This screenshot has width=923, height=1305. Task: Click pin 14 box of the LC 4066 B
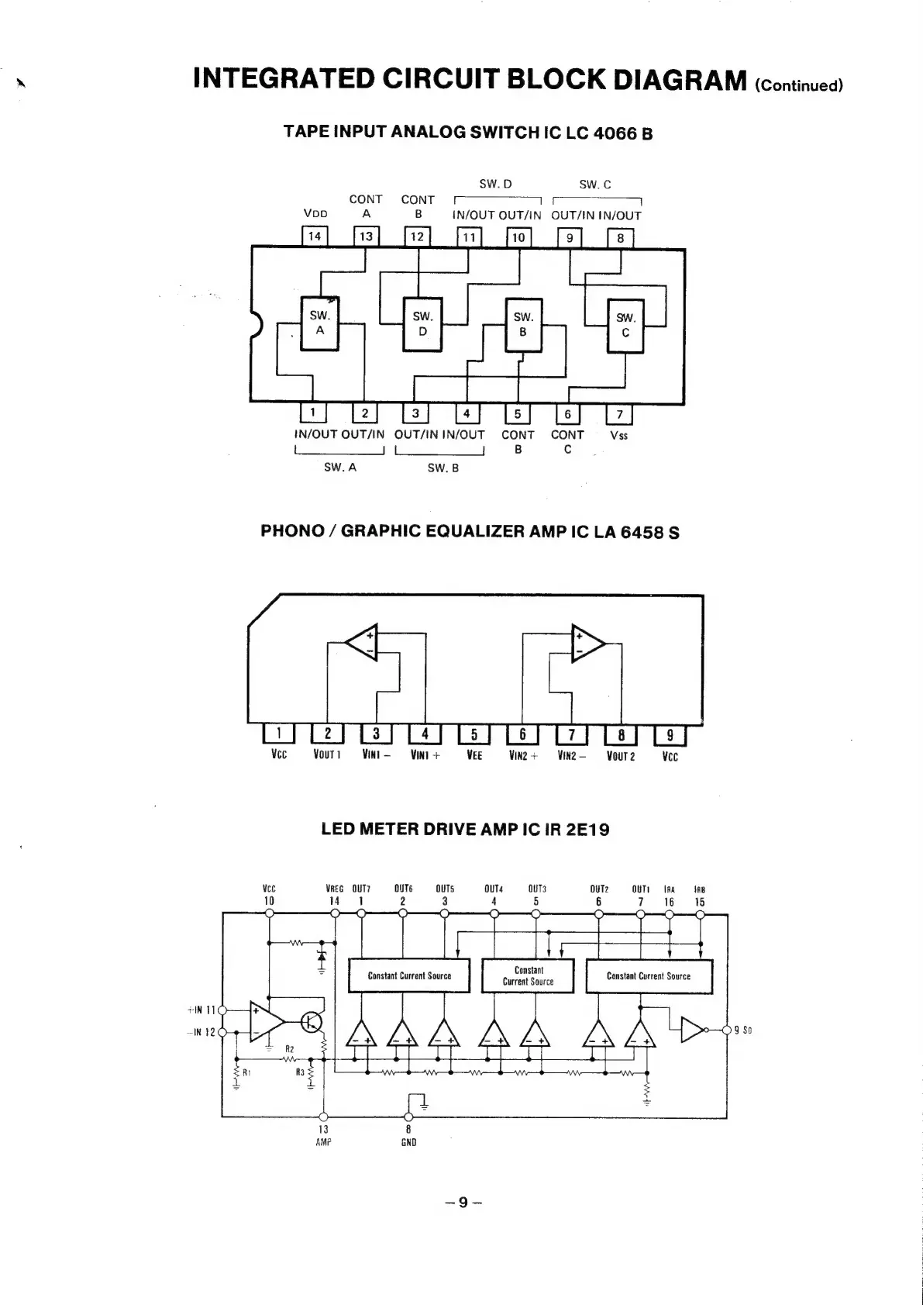coord(315,236)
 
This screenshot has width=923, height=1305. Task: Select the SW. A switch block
coord(319,323)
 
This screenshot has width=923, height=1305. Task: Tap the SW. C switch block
coord(625,326)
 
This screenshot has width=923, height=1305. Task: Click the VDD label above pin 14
coord(315,214)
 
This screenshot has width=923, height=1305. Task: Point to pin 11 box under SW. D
coord(468,237)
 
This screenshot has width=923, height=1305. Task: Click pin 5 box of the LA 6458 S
coord(474,734)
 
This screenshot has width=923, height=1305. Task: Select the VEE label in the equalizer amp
coord(474,755)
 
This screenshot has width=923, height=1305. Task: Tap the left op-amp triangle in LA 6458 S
coord(363,642)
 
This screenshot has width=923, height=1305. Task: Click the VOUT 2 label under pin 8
coord(620,756)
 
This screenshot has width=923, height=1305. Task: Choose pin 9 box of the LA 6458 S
coord(670,734)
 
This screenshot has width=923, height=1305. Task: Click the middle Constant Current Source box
coord(529,975)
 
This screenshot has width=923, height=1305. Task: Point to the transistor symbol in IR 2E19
coord(312,1022)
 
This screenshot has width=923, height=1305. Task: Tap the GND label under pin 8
coord(408,1142)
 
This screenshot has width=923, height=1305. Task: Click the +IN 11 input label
coord(201,1010)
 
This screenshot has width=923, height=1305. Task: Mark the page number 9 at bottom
coord(463,1203)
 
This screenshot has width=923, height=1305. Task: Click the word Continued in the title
coord(798,85)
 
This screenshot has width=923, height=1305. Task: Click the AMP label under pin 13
coord(323,1142)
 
